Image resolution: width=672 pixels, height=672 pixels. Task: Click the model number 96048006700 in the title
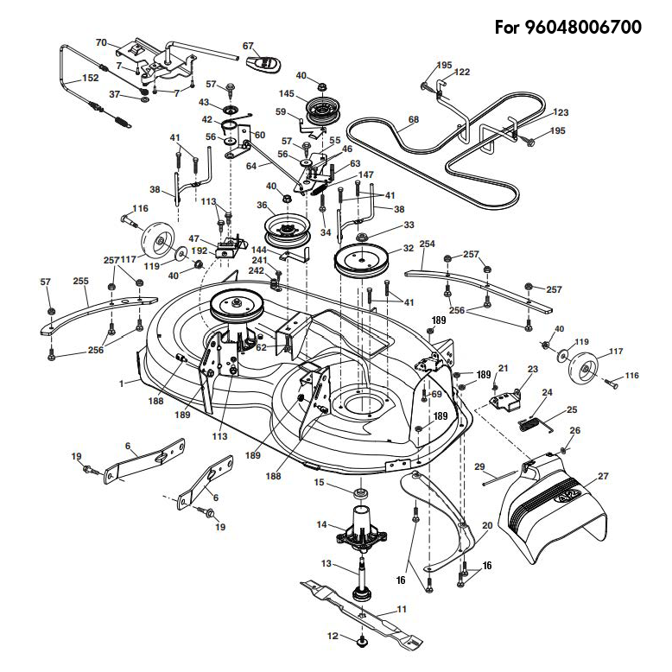[x=583, y=28]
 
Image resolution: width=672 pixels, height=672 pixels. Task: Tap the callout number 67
[x=248, y=46]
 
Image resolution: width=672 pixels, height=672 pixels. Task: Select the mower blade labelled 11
[x=362, y=614]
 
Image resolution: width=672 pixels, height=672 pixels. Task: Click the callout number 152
[x=90, y=78]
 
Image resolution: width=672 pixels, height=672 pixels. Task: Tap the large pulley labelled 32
[x=362, y=261]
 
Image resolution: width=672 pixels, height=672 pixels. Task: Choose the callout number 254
[x=427, y=244]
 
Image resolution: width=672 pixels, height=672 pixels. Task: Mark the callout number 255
[x=80, y=281]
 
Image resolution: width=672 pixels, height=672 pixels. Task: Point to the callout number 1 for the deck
[x=121, y=384]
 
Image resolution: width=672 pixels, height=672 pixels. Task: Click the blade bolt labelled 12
[x=362, y=641]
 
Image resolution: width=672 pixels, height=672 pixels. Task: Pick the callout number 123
[x=560, y=112]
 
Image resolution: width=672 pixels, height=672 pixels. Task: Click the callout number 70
[x=101, y=43]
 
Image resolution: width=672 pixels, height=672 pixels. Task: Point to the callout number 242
[x=257, y=271]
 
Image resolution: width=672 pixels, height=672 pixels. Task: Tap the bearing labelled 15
[x=361, y=493]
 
